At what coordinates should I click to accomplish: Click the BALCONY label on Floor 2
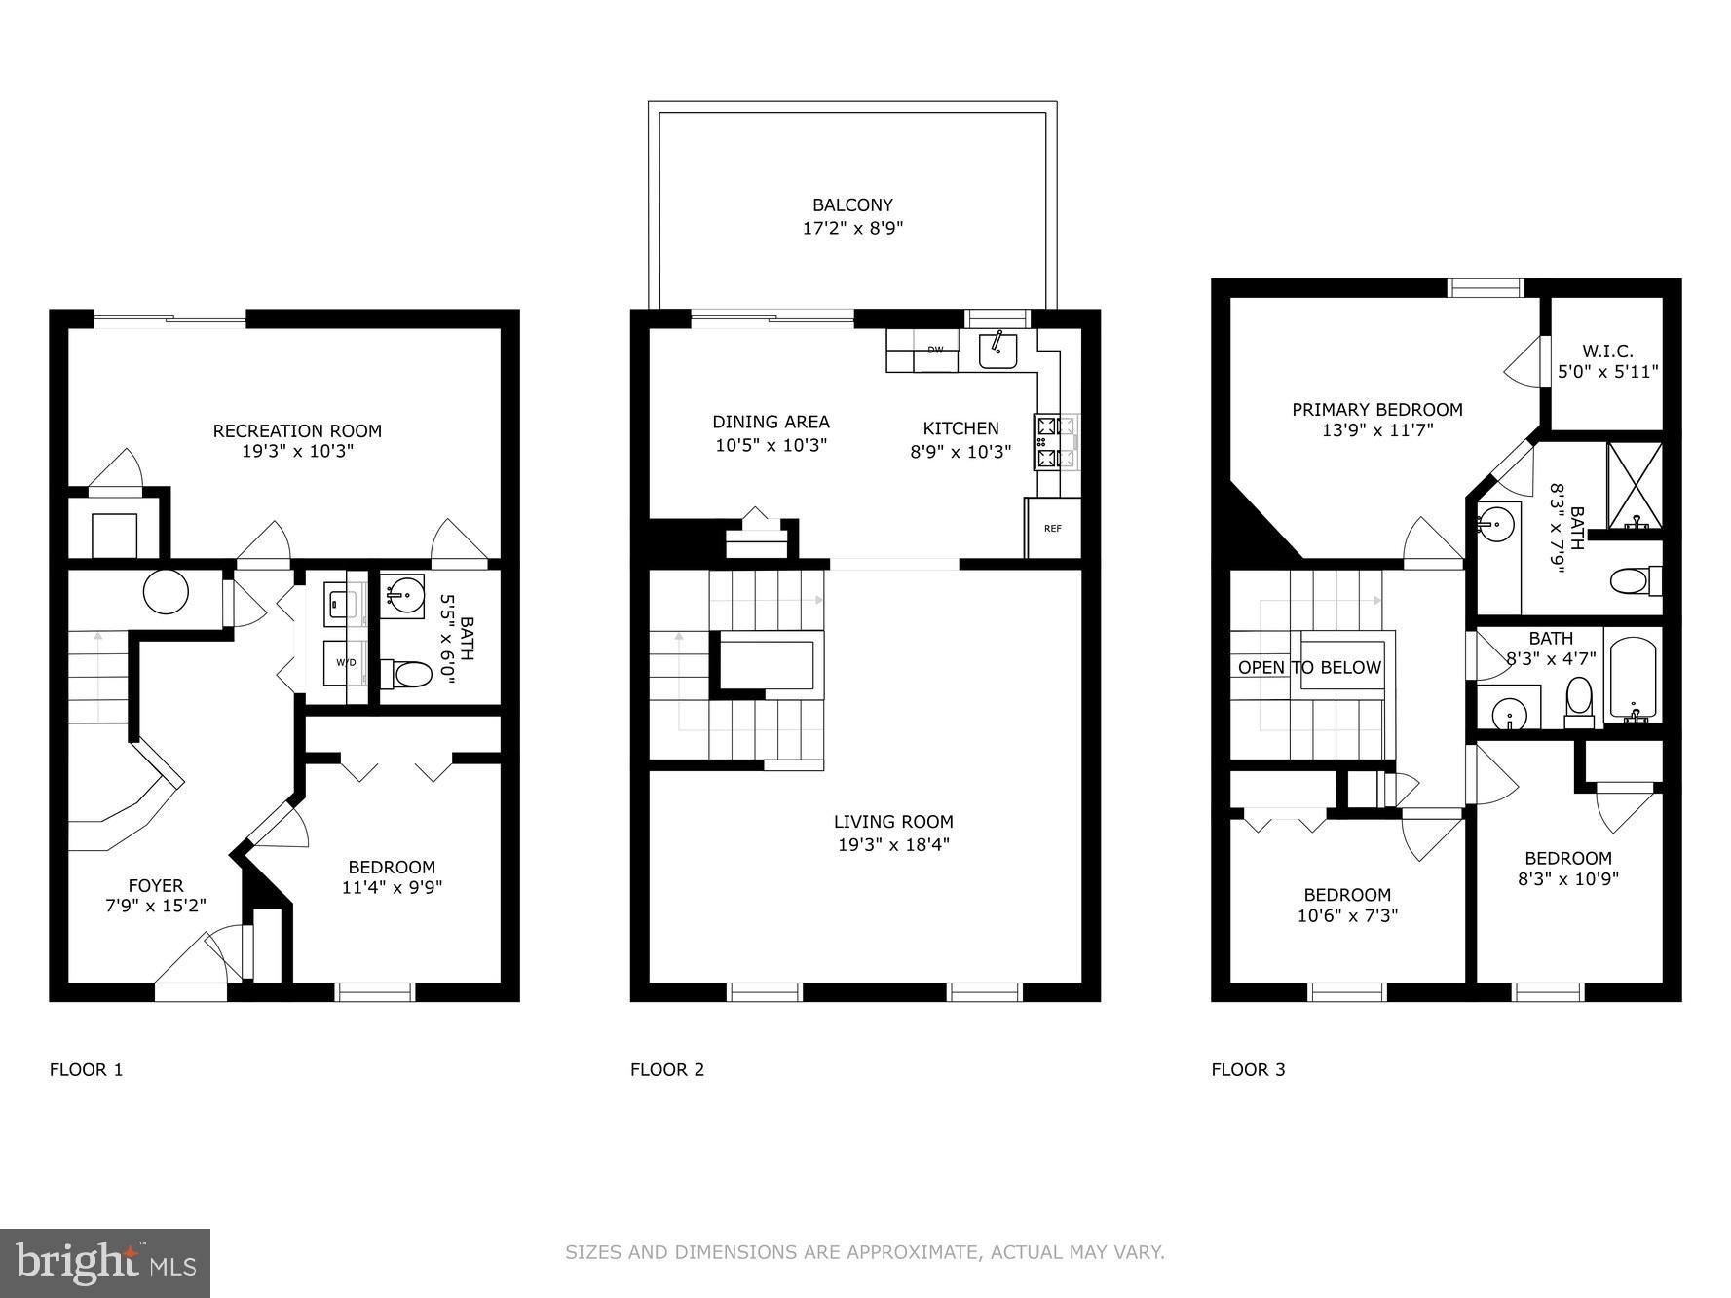[852, 205]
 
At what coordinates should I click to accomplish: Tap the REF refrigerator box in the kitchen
[1052, 529]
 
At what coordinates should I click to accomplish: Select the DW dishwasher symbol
[934, 351]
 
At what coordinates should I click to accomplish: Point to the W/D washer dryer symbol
[346, 663]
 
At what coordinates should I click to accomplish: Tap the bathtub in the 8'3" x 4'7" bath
[1631, 679]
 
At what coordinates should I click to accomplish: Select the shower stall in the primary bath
[1634, 484]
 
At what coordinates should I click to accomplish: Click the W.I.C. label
[1607, 351]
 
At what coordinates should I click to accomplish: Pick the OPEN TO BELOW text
[1309, 668]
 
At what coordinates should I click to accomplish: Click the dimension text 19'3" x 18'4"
[893, 845]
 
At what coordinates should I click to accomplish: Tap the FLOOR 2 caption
[666, 1069]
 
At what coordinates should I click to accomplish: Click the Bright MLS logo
[105, 1263]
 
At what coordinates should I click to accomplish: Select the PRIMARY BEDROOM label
[1376, 410]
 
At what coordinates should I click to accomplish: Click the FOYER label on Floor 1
[156, 885]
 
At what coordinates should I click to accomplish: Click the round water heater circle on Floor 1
[166, 591]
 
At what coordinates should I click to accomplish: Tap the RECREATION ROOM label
[297, 430]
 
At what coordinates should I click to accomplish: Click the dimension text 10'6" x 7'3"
[1347, 916]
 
